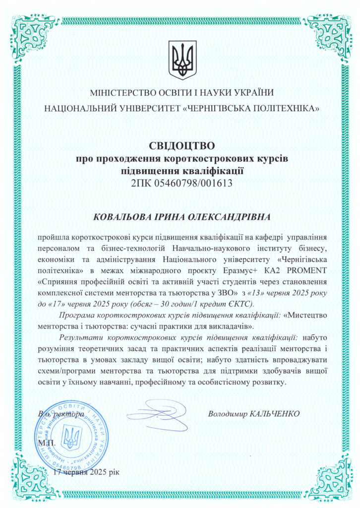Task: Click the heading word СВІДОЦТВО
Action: pos(180,146)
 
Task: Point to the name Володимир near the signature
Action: pos(227,413)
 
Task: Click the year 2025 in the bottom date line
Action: pos(97,472)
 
